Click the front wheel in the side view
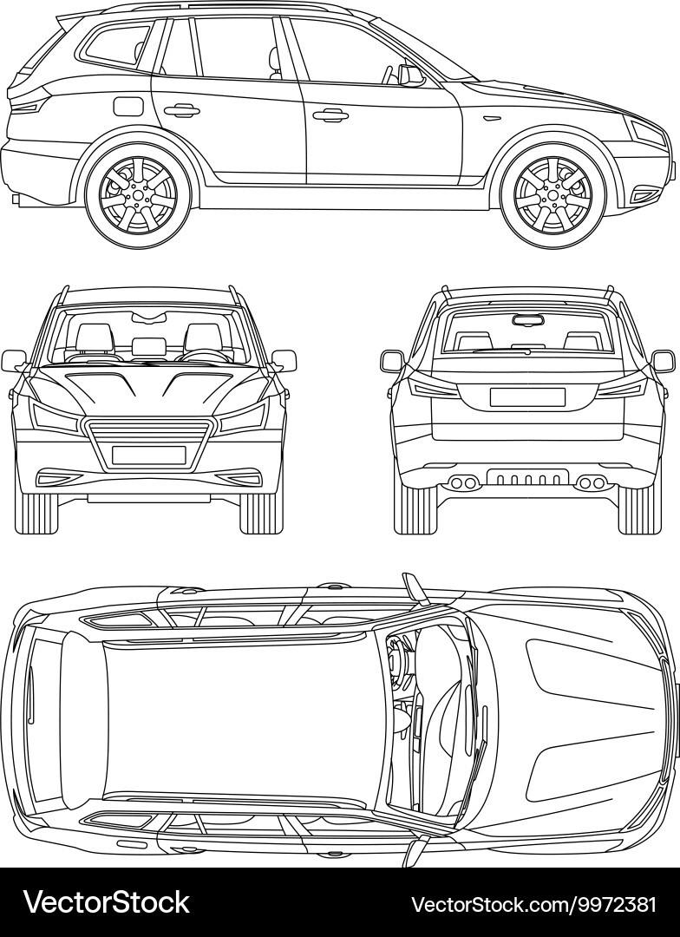pyautogui.click(x=552, y=195)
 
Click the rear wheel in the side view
pyautogui.click(x=137, y=195)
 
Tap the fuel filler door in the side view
pyautogui.click(x=127, y=107)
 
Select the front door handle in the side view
pyautogui.click(x=330, y=114)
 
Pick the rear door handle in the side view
pyautogui.click(x=180, y=110)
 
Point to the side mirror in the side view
pyautogui.click(x=410, y=75)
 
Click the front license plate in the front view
pyautogui.click(x=148, y=455)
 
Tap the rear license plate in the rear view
pyautogui.click(x=527, y=396)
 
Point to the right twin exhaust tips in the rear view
pyautogui.click(x=592, y=482)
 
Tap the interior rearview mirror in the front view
pyautogui.click(x=149, y=314)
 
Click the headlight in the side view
pyautogui.click(x=647, y=133)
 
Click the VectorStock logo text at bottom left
pyautogui.click(x=106, y=903)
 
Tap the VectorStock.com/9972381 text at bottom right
pyautogui.click(x=533, y=904)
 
